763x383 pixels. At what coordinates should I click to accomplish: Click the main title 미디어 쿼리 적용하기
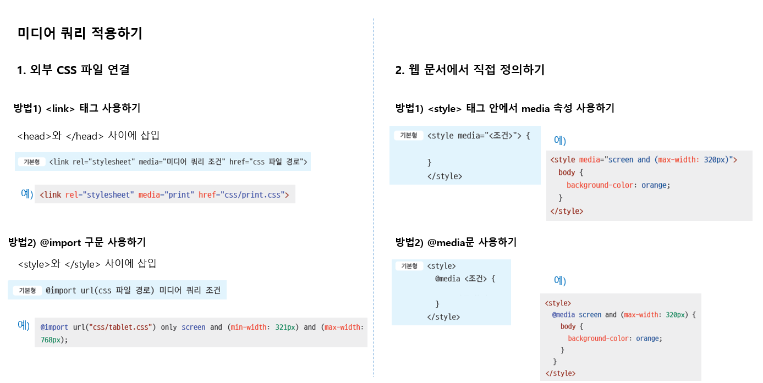click(x=80, y=34)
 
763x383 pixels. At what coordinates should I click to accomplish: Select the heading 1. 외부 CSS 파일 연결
click(x=73, y=70)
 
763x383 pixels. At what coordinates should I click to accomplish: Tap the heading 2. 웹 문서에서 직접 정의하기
click(x=470, y=70)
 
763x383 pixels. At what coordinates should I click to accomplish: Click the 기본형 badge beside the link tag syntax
click(x=32, y=162)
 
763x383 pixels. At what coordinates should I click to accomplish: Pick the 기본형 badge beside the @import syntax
click(x=28, y=291)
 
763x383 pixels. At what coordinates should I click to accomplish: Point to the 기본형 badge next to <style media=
click(x=408, y=135)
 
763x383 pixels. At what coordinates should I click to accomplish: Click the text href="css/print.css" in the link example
click(x=244, y=195)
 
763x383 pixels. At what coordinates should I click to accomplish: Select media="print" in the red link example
click(x=166, y=195)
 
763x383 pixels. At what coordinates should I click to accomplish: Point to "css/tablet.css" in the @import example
click(x=120, y=327)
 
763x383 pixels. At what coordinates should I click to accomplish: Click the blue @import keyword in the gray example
click(x=54, y=327)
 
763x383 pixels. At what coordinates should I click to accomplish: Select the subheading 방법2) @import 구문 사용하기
click(x=77, y=242)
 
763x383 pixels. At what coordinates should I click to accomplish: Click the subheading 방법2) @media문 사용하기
click(x=455, y=242)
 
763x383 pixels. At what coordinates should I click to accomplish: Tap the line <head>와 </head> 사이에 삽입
click(x=89, y=136)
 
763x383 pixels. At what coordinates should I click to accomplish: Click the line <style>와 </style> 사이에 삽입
click(x=87, y=264)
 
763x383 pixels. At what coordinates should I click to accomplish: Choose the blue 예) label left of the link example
click(x=27, y=194)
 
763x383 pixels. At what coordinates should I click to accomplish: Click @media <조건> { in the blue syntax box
click(x=465, y=279)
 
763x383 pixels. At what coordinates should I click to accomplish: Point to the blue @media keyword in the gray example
click(x=563, y=315)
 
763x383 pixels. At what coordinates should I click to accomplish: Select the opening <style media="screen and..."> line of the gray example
click(x=644, y=160)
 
